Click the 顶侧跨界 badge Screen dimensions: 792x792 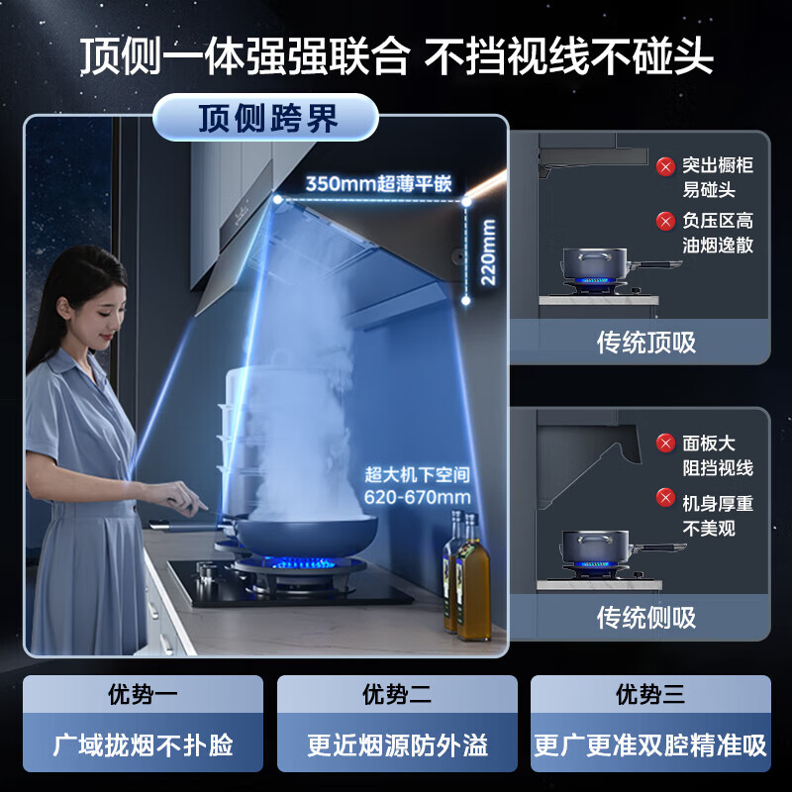(x=267, y=119)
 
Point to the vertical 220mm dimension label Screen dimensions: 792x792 (x=488, y=251)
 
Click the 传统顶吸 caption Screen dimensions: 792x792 (x=645, y=343)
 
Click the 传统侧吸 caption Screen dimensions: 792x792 (x=645, y=618)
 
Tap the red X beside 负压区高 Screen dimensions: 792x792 (x=665, y=222)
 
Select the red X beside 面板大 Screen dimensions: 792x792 (x=665, y=444)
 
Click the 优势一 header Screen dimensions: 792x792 (x=143, y=695)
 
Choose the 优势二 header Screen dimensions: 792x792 (x=397, y=695)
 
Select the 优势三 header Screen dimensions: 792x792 (x=650, y=695)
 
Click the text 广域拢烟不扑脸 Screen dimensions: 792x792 (x=143, y=745)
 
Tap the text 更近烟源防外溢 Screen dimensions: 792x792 (x=397, y=745)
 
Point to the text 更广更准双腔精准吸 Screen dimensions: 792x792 (x=650, y=745)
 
